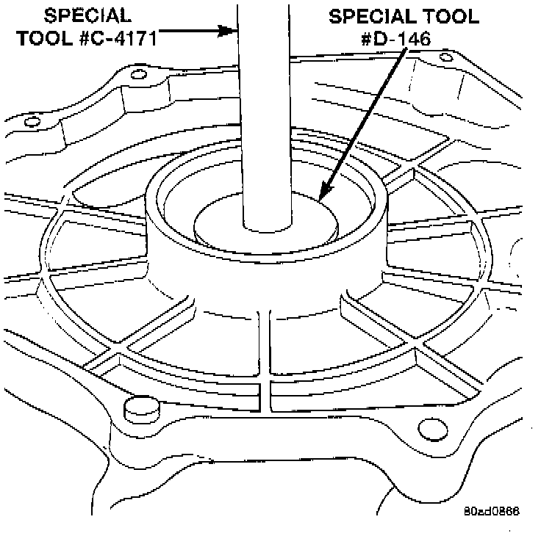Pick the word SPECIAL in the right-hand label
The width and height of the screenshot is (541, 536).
366,15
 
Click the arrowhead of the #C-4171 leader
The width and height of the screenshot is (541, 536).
231,32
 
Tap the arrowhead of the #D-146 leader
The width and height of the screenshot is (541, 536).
321,197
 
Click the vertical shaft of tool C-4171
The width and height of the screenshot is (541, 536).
266,110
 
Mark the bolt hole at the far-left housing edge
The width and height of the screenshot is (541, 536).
30,122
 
